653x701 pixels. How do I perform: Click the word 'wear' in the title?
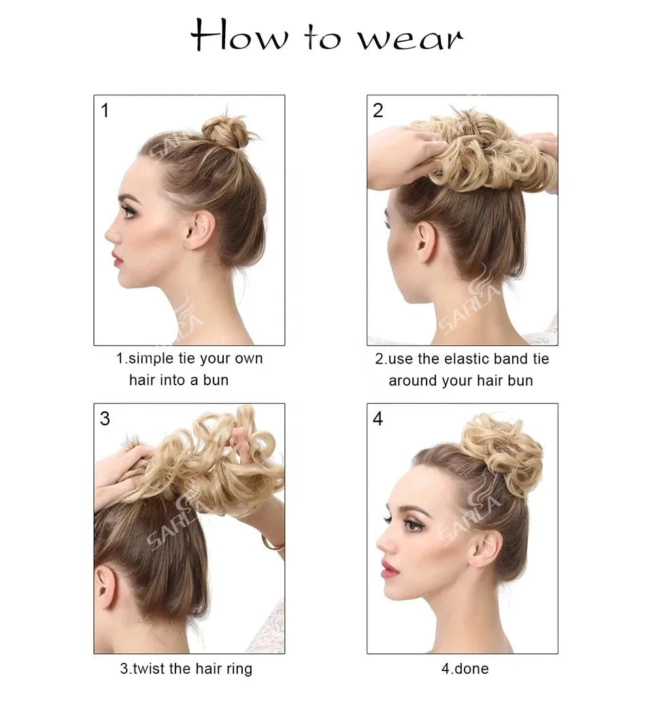(410, 39)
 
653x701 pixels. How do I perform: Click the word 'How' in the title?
(239, 35)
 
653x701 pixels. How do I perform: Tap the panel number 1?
(105, 110)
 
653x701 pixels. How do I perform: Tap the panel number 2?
(378, 110)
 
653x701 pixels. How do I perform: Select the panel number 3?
(105, 419)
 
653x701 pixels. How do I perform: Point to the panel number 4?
(378, 419)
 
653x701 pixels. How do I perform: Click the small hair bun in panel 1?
(226, 132)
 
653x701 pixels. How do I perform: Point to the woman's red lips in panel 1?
(117, 259)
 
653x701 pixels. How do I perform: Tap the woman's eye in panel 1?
(129, 212)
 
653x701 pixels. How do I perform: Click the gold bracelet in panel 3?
(273, 544)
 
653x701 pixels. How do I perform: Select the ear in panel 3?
(105, 587)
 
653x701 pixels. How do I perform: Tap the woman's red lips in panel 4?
(389, 569)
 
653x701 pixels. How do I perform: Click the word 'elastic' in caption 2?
(465, 359)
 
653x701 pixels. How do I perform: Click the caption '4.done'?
(465, 669)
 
